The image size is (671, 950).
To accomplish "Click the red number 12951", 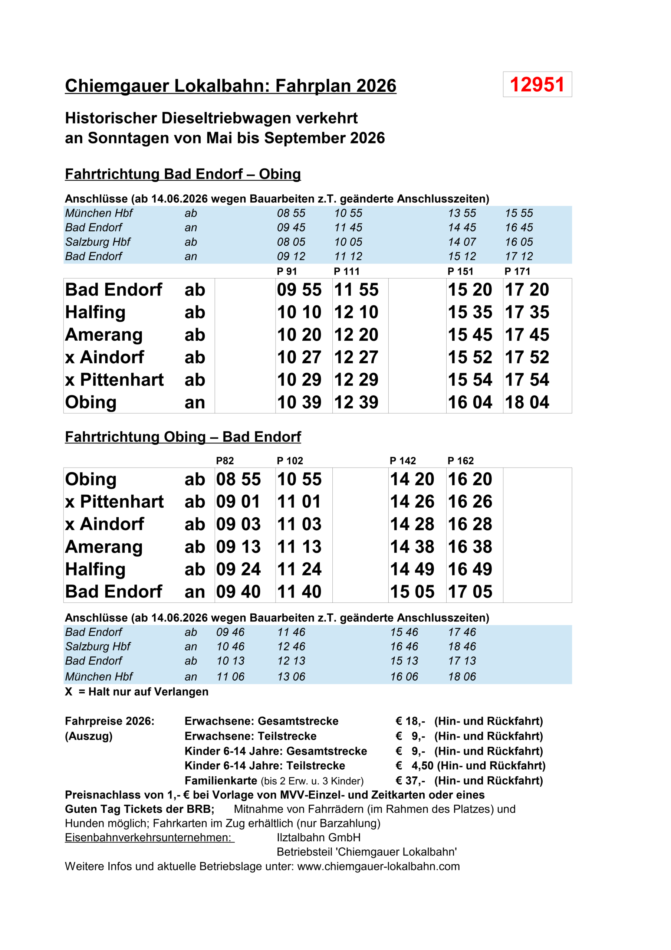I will [537, 85].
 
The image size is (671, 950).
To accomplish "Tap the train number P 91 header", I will [287, 271].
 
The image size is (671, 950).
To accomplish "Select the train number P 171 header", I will [517, 271].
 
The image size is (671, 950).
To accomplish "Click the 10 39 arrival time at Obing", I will [299, 402].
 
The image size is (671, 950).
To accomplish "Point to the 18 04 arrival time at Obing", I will [527, 402].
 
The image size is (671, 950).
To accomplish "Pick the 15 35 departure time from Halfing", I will [470, 312].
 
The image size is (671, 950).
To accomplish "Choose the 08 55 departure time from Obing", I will [238, 479].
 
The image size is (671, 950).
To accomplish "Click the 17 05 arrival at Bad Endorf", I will [470, 592].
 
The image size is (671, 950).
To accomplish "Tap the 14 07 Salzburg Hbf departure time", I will [462, 242].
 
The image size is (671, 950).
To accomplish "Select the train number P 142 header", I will [403, 461].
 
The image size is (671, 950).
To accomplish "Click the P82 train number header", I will [225, 461].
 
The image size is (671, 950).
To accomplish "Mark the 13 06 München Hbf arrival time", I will [291, 677].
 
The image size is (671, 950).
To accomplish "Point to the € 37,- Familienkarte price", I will [410, 781].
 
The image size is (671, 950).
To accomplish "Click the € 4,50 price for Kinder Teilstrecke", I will [415, 766].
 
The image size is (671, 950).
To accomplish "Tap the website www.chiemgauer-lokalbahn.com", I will [378, 867].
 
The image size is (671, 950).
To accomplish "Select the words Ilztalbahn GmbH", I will [319, 838].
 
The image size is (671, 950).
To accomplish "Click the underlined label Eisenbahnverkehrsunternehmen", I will [149, 838].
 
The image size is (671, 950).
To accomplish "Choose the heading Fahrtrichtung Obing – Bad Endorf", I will [183, 437].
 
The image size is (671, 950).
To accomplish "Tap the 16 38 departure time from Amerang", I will [470, 547].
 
